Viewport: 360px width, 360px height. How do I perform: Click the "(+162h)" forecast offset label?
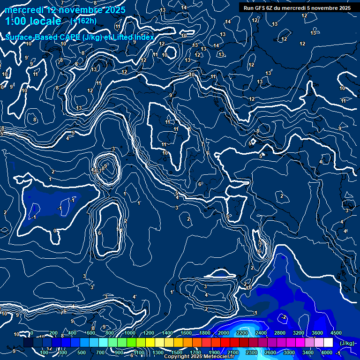[83, 21]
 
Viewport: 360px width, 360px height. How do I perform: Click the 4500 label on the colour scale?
[336, 333]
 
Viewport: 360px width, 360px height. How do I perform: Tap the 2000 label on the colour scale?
[224, 333]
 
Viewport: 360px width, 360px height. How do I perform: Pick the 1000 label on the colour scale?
[130, 333]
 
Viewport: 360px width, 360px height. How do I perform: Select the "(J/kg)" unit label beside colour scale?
[347, 344]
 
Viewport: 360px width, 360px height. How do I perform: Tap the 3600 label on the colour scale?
[317, 333]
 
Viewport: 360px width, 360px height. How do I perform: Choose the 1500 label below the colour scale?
[177, 352]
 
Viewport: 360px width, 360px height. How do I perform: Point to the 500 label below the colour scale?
[82, 352]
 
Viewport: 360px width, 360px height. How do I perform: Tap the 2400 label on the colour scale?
[261, 333]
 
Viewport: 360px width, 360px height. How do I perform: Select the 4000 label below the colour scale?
[327, 352]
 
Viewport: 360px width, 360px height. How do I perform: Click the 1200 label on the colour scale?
[149, 333]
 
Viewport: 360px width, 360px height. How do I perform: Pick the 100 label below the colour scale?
[45, 352]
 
